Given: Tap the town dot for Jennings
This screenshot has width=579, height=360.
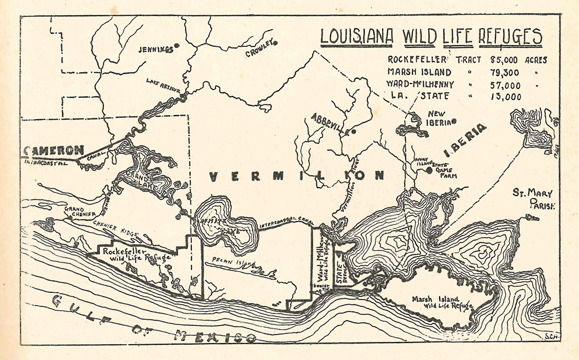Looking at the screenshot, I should pos(177,45).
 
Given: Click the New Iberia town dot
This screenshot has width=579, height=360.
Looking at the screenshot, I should pos(453,120).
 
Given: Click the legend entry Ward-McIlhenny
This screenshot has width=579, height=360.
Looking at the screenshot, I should pos(419,84).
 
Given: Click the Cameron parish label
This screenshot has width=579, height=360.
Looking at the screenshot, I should pos(53,151).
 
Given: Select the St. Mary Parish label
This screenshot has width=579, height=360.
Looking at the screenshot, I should pos(534,199).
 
